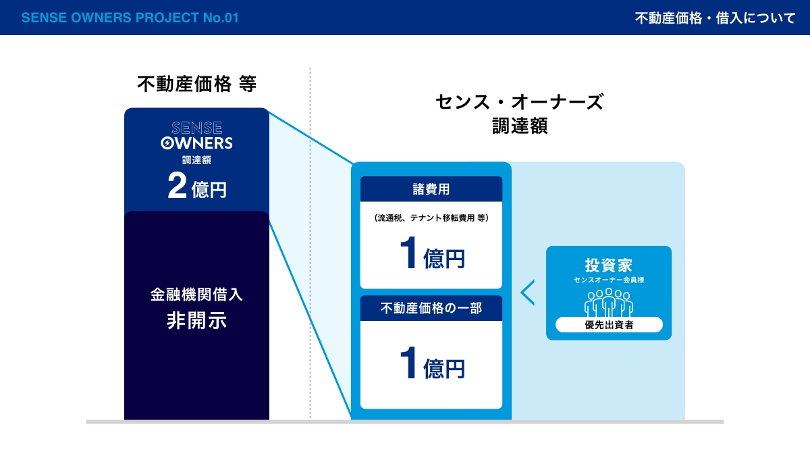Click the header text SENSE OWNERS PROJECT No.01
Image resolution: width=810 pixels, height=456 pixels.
130,18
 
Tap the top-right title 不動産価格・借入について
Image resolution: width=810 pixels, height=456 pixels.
715,18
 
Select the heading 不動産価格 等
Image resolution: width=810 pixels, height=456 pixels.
196,84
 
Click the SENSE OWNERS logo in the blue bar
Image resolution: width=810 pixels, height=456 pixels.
196,135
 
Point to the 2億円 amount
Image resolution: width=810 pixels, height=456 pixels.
197,185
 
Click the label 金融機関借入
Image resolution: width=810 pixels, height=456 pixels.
196,295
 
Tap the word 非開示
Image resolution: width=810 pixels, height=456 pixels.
196,321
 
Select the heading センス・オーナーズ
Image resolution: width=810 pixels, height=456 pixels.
520,102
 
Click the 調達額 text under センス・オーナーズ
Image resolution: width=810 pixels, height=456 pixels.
520,126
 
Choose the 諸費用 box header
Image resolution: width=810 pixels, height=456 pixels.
431,189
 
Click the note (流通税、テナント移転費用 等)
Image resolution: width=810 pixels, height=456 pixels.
431,218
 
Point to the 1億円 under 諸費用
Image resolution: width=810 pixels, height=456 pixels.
432,253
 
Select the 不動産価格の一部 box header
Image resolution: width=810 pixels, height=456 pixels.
431,308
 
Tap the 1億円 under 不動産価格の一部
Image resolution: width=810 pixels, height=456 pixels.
432,363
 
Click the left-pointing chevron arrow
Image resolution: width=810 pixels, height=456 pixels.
527,292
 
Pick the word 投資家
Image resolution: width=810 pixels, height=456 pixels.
609,265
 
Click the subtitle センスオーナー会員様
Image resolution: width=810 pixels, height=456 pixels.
609,280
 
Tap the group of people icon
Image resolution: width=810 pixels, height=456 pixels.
609,303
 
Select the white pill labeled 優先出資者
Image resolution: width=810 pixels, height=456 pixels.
609,325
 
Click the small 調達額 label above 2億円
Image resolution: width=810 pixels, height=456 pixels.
196,160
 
